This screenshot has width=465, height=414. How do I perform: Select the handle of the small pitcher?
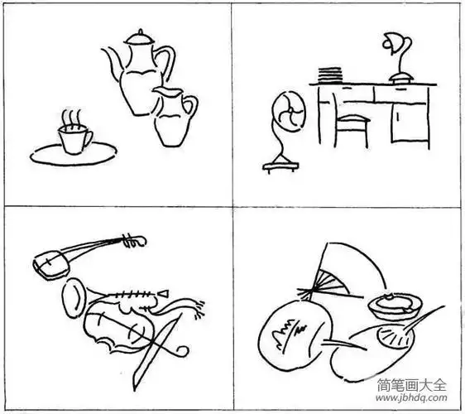point(191,108)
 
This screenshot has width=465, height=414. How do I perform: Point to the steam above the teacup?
point(72,117)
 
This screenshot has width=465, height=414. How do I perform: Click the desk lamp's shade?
point(391,41)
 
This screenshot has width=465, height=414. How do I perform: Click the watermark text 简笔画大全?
point(410,386)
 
